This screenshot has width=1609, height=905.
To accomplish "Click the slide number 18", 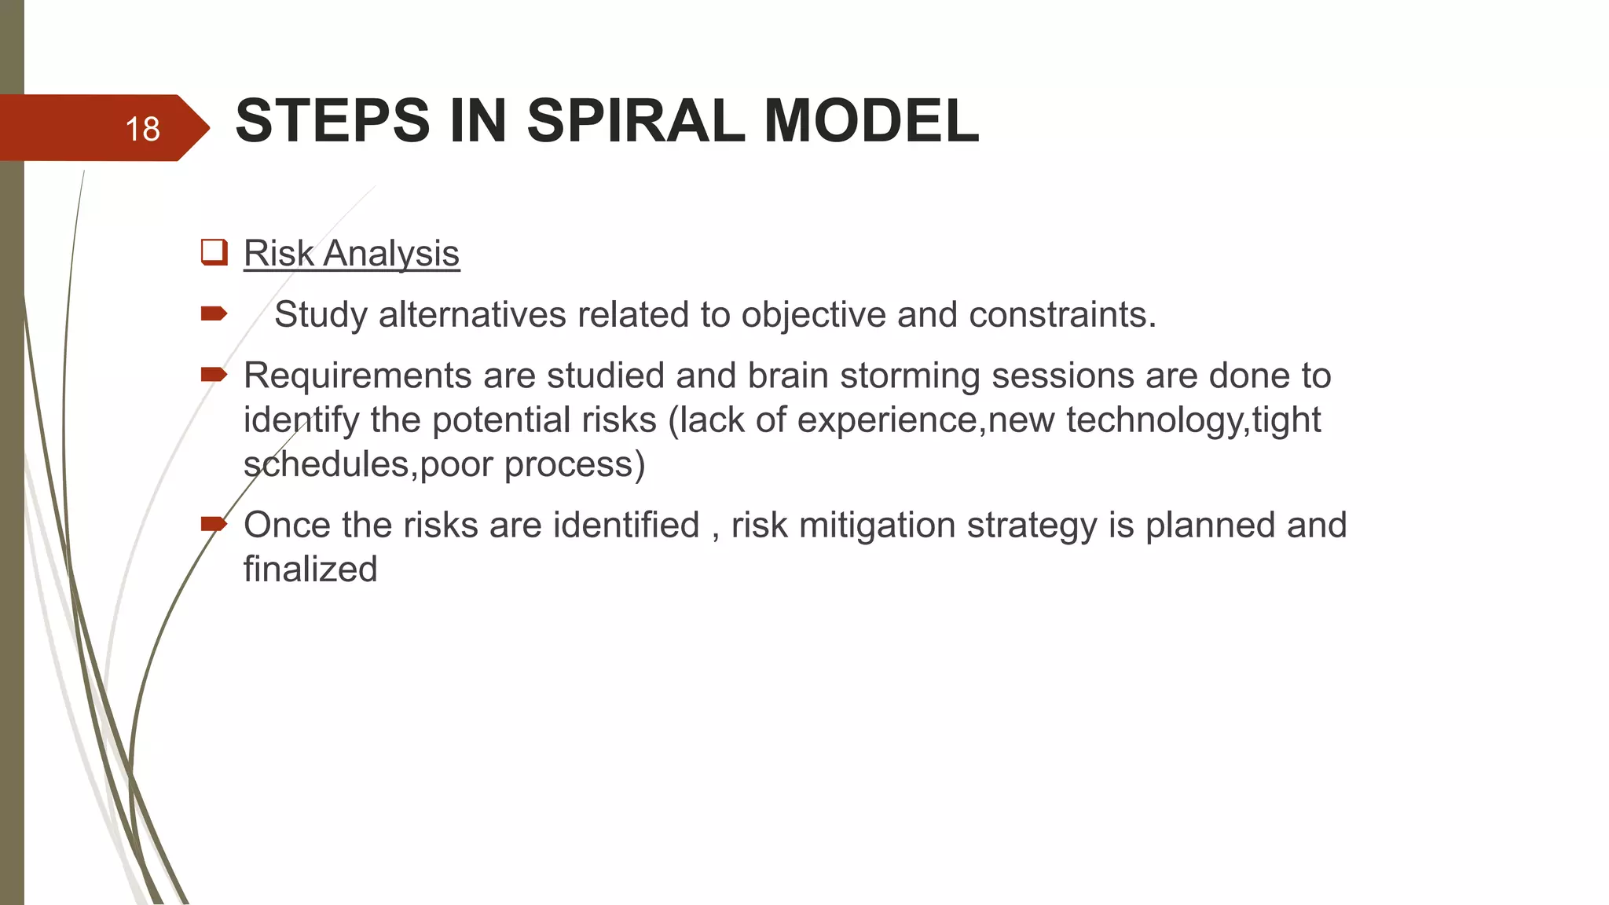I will [x=142, y=129].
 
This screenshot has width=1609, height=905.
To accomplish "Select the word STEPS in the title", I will [x=332, y=121].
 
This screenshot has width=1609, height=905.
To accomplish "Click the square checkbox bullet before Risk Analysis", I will [x=214, y=252].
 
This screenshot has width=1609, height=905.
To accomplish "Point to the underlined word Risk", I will [x=279, y=254].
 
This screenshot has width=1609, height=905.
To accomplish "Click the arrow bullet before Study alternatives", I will [x=214, y=314].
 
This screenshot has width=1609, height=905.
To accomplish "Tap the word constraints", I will [x=1062, y=315].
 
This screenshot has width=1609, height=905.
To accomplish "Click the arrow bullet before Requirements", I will [x=214, y=375].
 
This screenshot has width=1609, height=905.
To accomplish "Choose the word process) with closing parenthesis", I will [x=574, y=464].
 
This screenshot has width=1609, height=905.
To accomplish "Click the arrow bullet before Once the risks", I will [x=214, y=523].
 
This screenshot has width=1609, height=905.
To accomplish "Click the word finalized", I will [x=310, y=569].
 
